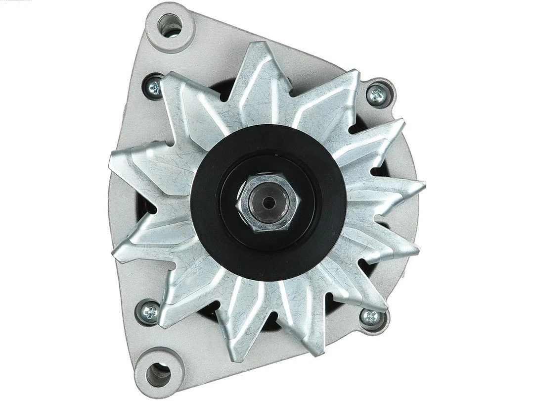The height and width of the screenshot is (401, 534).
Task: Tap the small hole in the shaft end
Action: coord(268,202)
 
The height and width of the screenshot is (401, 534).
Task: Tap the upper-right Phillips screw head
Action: coord(378,95)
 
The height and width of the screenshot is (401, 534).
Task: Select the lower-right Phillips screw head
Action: coord(371,316)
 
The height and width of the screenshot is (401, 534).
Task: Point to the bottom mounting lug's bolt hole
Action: coord(158,374)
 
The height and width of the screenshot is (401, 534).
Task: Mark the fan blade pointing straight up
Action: coord(260,74)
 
